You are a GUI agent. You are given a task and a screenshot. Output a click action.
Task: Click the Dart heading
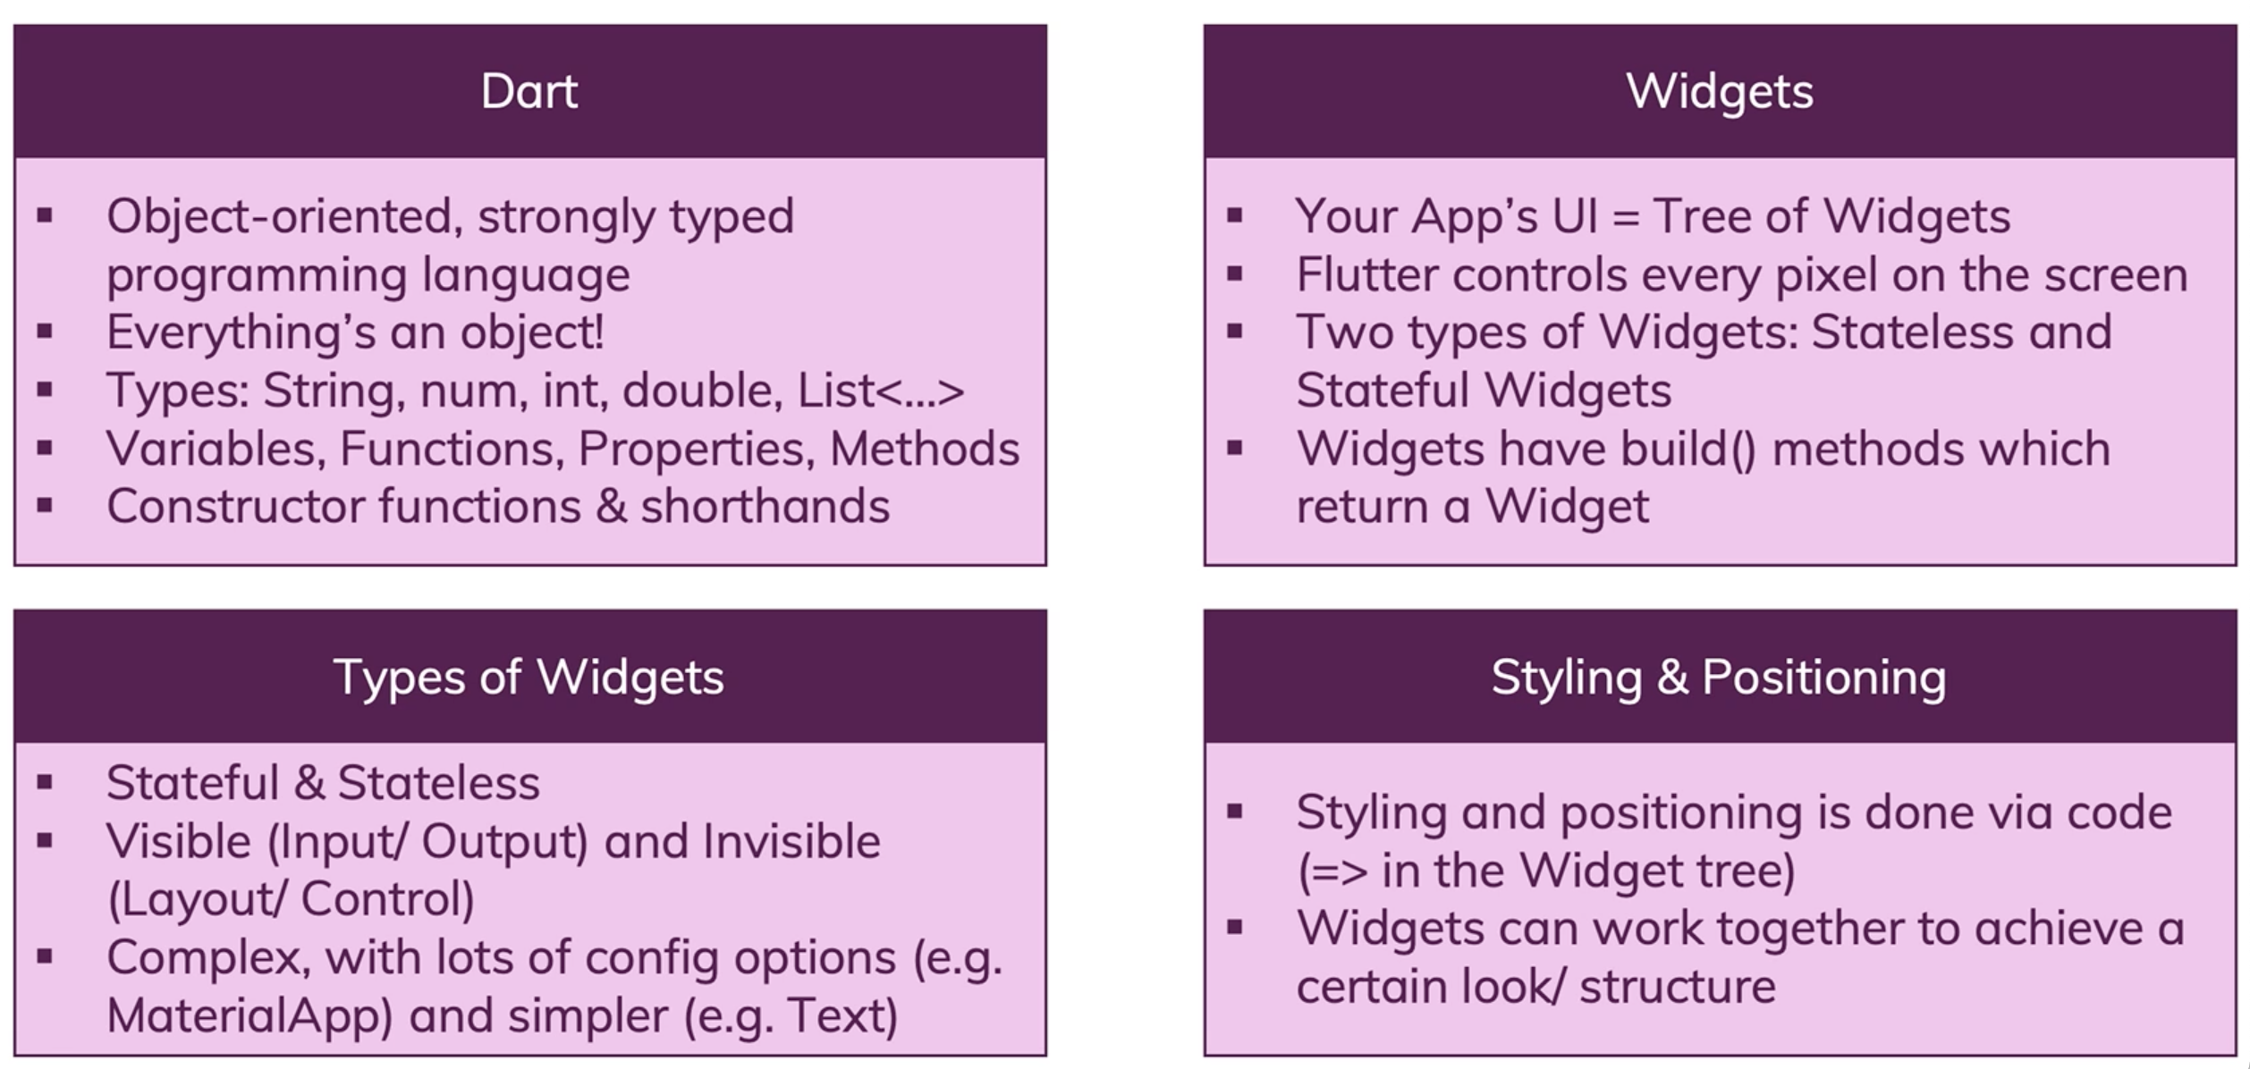pos(529,91)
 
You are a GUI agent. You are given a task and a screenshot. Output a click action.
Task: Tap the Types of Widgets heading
pos(529,677)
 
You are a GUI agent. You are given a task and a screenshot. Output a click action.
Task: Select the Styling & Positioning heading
pos(1719,677)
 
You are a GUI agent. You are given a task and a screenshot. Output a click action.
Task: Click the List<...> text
pos(881,391)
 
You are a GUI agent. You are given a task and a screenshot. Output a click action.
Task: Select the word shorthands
pos(766,506)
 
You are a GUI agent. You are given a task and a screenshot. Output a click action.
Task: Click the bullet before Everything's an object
pos(45,332)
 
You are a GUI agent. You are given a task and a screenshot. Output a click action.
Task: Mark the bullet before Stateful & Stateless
pos(45,782)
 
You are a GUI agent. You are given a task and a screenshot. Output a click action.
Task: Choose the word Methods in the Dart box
pos(925,449)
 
